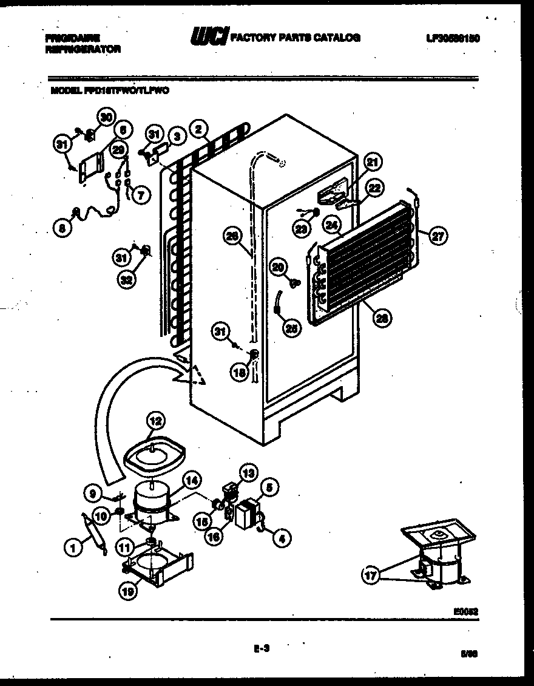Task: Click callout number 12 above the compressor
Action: coord(155,420)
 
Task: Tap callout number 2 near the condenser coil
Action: coord(198,129)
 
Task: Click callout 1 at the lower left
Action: coord(73,548)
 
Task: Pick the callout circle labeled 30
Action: coord(107,118)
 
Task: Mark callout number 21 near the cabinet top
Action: coord(372,162)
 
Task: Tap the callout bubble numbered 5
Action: coord(269,486)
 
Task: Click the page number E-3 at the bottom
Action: coord(261,648)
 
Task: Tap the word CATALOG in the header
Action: coord(335,38)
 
